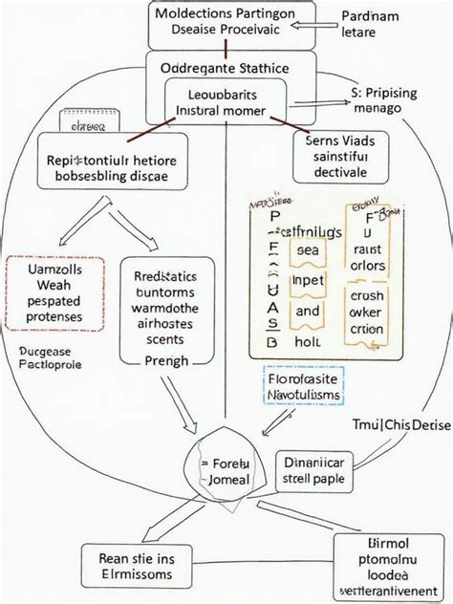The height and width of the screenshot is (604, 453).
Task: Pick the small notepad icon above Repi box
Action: click(x=83, y=122)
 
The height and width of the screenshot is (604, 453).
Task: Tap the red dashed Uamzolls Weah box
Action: click(x=53, y=292)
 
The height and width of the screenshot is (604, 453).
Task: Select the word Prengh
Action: click(x=164, y=360)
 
